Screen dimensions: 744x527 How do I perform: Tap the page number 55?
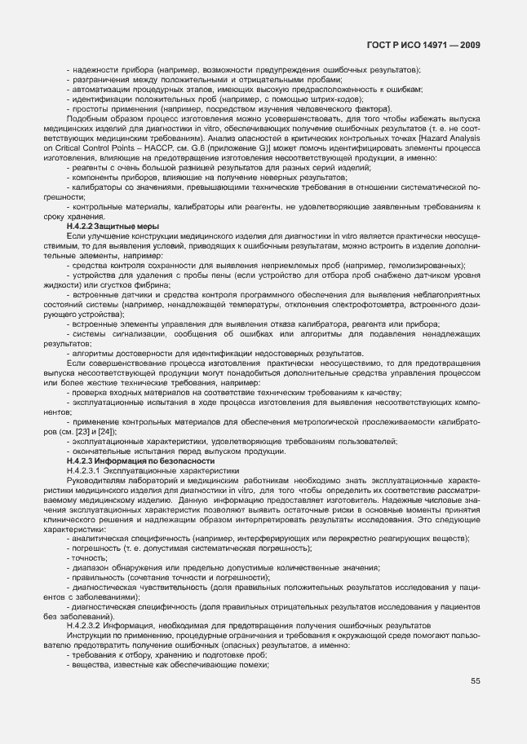(475, 704)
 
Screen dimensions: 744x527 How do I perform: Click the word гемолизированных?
(426, 265)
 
